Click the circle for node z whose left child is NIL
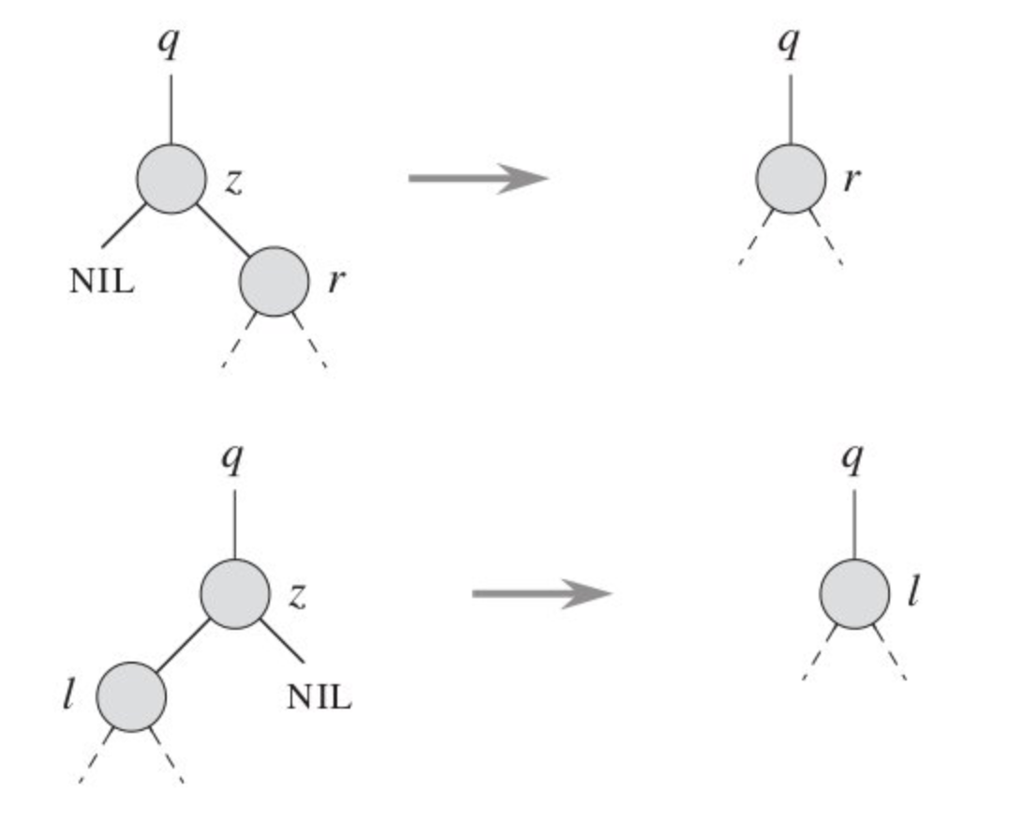click(x=171, y=178)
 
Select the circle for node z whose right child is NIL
click(x=235, y=593)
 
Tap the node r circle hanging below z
click(x=274, y=281)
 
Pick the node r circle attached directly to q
click(x=791, y=178)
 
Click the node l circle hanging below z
click(x=132, y=696)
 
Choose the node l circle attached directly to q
click(x=854, y=593)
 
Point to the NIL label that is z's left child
click(x=101, y=281)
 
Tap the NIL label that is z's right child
click(x=319, y=696)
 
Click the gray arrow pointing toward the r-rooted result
click(x=478, y=177)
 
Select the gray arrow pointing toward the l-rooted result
click(x=541, y=593)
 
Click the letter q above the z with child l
click(x=233, y=459)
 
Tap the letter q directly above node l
click(x=853, y=459)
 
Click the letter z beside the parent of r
click(x=233, y=181)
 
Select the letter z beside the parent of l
click(x=297, y=597)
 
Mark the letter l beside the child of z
click(x=67, y=696)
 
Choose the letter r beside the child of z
click(x=334, y=283)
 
